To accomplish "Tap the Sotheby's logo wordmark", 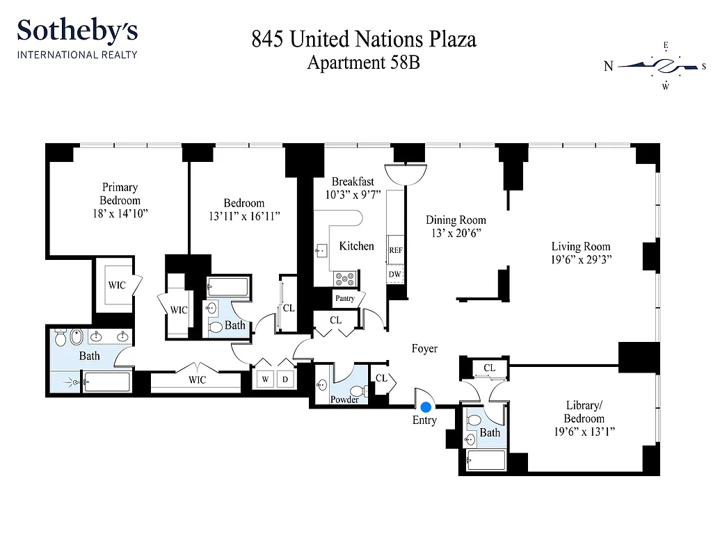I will (x=77, y=31).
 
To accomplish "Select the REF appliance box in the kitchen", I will (x=395, y=250).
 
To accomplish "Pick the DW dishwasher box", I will (x=394, y=275).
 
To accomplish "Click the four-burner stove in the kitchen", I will (x=344, y=279).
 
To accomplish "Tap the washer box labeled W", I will (x=265, y=379).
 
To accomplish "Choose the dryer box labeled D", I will (x=285, y=379).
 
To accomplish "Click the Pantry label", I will (x=345, y=298).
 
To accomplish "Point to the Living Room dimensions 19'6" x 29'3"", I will (x=581, y=261).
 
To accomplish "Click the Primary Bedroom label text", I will (x=120, y=193).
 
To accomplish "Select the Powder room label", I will (x=344, y=400).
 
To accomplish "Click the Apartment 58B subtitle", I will (x=364, y=63).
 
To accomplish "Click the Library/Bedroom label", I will (x=584, y=412).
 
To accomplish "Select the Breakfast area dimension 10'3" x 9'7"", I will (x=353, y=195).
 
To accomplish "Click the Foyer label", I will (x=424, y=348).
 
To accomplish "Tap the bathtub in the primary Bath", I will (x=104, y=382).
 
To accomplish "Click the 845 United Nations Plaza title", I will (x=364, y=39).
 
